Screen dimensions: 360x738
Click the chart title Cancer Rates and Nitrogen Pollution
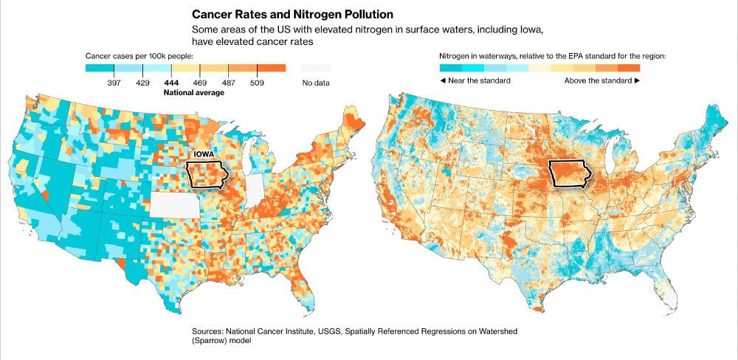(x=292, y=14)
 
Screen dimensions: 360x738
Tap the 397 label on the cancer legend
(x=114, y=83)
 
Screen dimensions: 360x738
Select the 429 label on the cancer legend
(x=143, y=83)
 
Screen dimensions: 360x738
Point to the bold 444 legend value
(x=171, y=83)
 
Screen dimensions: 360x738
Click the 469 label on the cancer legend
(x=199, y=83)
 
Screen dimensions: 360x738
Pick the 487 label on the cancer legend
(x=229, y=83)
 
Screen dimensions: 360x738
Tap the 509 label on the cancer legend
(x=257, y=83)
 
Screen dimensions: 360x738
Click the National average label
(x=193, y=93)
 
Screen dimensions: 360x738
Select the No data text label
(x=315, y=83)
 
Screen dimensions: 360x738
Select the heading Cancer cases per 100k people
(x=139, y=55)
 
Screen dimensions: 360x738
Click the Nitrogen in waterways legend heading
(x=552, y=55)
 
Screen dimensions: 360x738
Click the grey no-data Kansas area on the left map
(x=174, y=204)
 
